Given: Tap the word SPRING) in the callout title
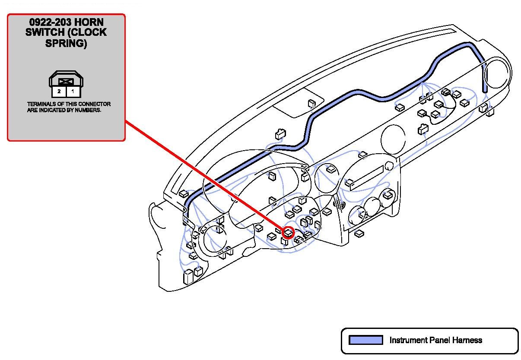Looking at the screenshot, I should [x=66, y=44].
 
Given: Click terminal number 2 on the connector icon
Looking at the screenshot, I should [x=59, y=92].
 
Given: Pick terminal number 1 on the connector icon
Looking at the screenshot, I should [x=73, y=92].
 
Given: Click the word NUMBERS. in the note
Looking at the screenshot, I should [x=89, y=110].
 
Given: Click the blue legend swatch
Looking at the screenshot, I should [x=365, y=340].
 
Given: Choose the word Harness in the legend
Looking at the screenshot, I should [x=467, y=340].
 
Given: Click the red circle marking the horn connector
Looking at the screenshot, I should [x=288, y=233].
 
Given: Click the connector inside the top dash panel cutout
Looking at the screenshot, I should [x=311, y=104].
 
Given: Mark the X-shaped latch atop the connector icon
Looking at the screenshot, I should [x=66, y=81].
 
